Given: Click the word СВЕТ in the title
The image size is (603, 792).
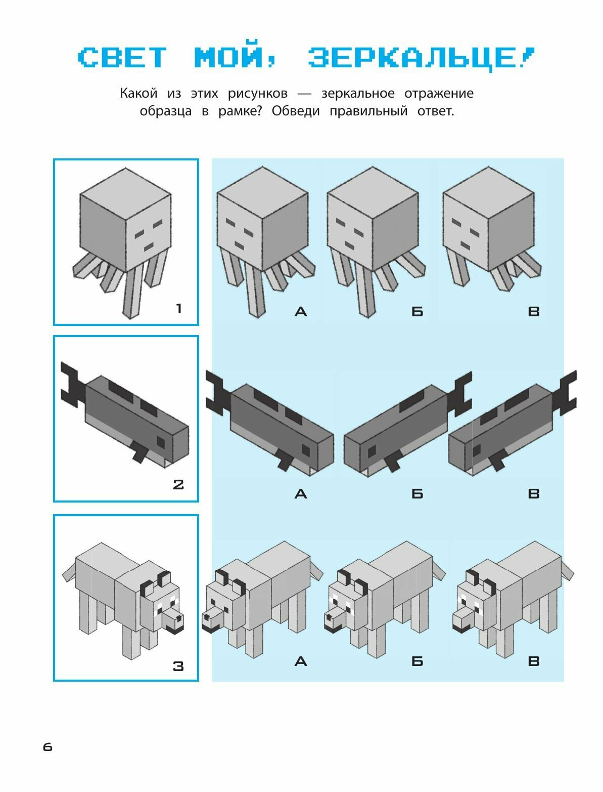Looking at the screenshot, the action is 122,58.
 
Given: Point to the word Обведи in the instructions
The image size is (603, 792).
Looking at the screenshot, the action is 296,111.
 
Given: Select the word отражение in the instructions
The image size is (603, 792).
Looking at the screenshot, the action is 439,94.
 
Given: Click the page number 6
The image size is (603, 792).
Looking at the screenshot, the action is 48,747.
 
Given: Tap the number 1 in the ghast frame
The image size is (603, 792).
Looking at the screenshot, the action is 178,309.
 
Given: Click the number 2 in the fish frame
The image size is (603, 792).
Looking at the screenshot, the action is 178,485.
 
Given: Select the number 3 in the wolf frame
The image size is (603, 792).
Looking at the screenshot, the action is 178,666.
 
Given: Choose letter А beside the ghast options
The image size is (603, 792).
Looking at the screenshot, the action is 301,311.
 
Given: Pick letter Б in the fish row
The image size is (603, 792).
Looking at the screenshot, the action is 418,493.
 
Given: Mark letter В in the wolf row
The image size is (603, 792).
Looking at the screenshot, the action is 533,661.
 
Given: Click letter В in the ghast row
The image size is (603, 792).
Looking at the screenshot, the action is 533,311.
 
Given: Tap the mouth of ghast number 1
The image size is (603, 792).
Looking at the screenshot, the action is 149,247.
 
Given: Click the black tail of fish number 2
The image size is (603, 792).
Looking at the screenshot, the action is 72,385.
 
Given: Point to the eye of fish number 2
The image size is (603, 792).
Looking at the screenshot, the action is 161,442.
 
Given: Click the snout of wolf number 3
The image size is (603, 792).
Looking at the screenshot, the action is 172,620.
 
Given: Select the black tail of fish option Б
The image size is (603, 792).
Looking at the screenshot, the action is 459,394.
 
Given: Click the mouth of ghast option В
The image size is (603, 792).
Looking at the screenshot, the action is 465,246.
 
